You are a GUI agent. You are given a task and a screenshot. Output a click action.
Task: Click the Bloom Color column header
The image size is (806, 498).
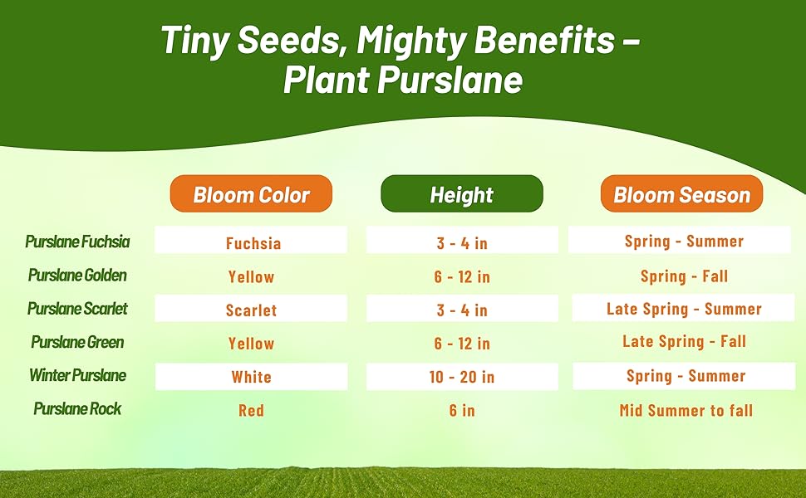(251, 193)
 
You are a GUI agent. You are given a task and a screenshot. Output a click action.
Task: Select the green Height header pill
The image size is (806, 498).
(462, 193)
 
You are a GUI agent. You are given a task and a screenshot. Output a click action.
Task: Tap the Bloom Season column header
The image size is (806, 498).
(681, 193)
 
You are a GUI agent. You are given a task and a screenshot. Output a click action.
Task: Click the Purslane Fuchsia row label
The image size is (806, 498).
(77, 242)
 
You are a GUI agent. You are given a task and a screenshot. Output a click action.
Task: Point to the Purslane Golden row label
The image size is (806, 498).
(77, 276)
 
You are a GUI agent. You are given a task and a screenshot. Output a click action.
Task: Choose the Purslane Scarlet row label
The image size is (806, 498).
(77, 309)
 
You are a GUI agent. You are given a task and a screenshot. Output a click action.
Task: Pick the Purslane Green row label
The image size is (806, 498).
(77, 342)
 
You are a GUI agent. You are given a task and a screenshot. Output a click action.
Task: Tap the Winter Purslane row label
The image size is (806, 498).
(77, 375)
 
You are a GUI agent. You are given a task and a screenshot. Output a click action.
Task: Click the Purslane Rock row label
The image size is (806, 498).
(77, 408)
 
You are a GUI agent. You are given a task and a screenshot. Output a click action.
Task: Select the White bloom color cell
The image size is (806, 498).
(252, 377)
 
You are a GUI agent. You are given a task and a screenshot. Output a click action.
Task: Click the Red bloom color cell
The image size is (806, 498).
(252, 410)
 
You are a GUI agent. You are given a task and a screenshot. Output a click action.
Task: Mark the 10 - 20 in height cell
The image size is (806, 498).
(462, 377)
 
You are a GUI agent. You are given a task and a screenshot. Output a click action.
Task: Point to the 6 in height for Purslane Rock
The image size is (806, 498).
(462, 410)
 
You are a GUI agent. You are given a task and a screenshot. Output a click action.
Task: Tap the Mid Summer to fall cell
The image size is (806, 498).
(686, 410)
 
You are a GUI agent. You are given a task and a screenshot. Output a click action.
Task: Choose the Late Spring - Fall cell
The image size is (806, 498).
(684, 341)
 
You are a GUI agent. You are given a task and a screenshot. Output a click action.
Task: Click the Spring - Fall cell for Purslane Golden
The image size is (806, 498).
(684, 276)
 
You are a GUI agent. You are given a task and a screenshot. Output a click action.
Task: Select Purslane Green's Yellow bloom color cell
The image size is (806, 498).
(252, 344)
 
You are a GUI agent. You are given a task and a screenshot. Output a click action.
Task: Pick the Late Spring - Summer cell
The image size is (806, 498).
(684, 308)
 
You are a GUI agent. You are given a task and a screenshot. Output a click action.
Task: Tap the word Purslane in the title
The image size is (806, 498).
(450, 80)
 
